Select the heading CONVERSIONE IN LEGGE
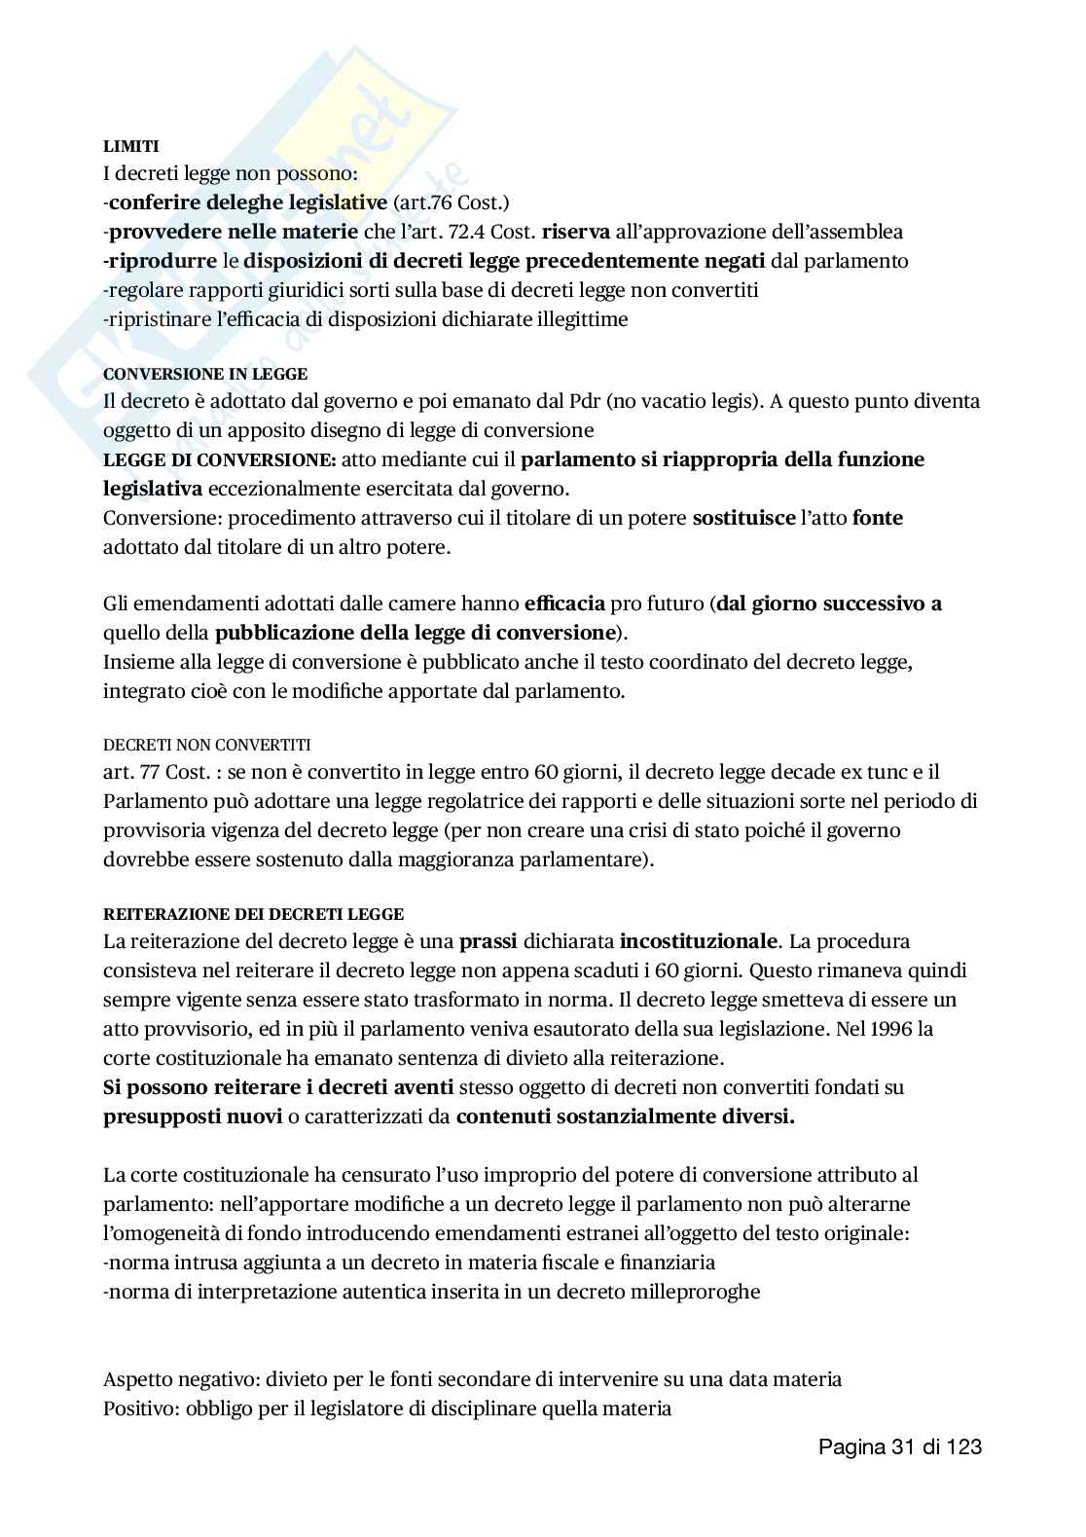pyautogui.click(x=205, y=374)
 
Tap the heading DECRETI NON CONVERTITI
pyautogui.click(x=206, y=745)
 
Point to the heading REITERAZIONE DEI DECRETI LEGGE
pyautogui.click(x=253, y=914)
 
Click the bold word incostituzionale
pyautogui.click(x=699, y=941)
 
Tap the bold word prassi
pyautogui.click(x=488, y=941)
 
